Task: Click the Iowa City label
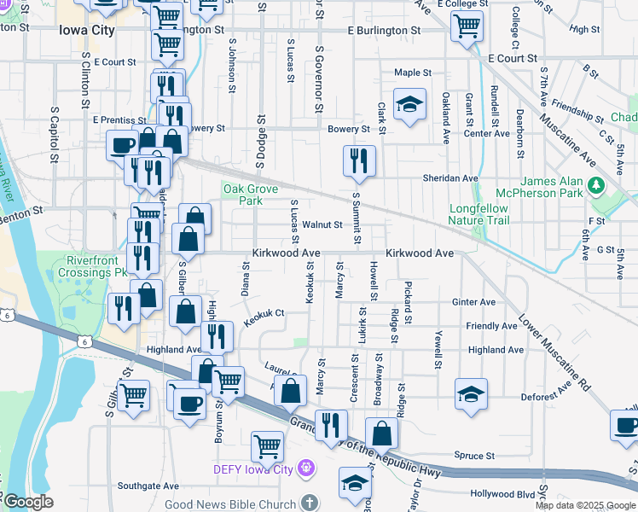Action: click(x=87, y=29)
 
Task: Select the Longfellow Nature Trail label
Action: click(x=478, y=213)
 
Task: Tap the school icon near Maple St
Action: click(x=410, y=104)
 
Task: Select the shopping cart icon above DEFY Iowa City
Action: click(x=268, y=445)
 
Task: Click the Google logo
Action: click(x=28, y=502)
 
